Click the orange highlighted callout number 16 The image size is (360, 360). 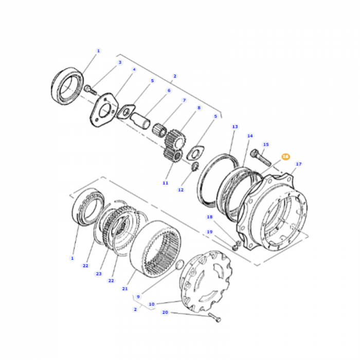[x=285, y=156]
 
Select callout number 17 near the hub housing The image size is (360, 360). [x=299, y=165]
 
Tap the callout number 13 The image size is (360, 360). [x=235, y=127]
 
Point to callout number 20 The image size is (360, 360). [x=165, y=312]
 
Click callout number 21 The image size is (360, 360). [x=124, y=289]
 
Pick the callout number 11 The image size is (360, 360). [x=165, y=183]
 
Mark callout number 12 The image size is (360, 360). [x=181, y=190]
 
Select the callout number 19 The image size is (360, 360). [x=209, y=232]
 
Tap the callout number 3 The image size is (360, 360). [x=120, y=63]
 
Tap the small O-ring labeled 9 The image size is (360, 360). [x=178, y=265]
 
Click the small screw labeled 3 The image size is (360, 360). [x=90, y=89]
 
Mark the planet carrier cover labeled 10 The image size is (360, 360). [x=205, y=277]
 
